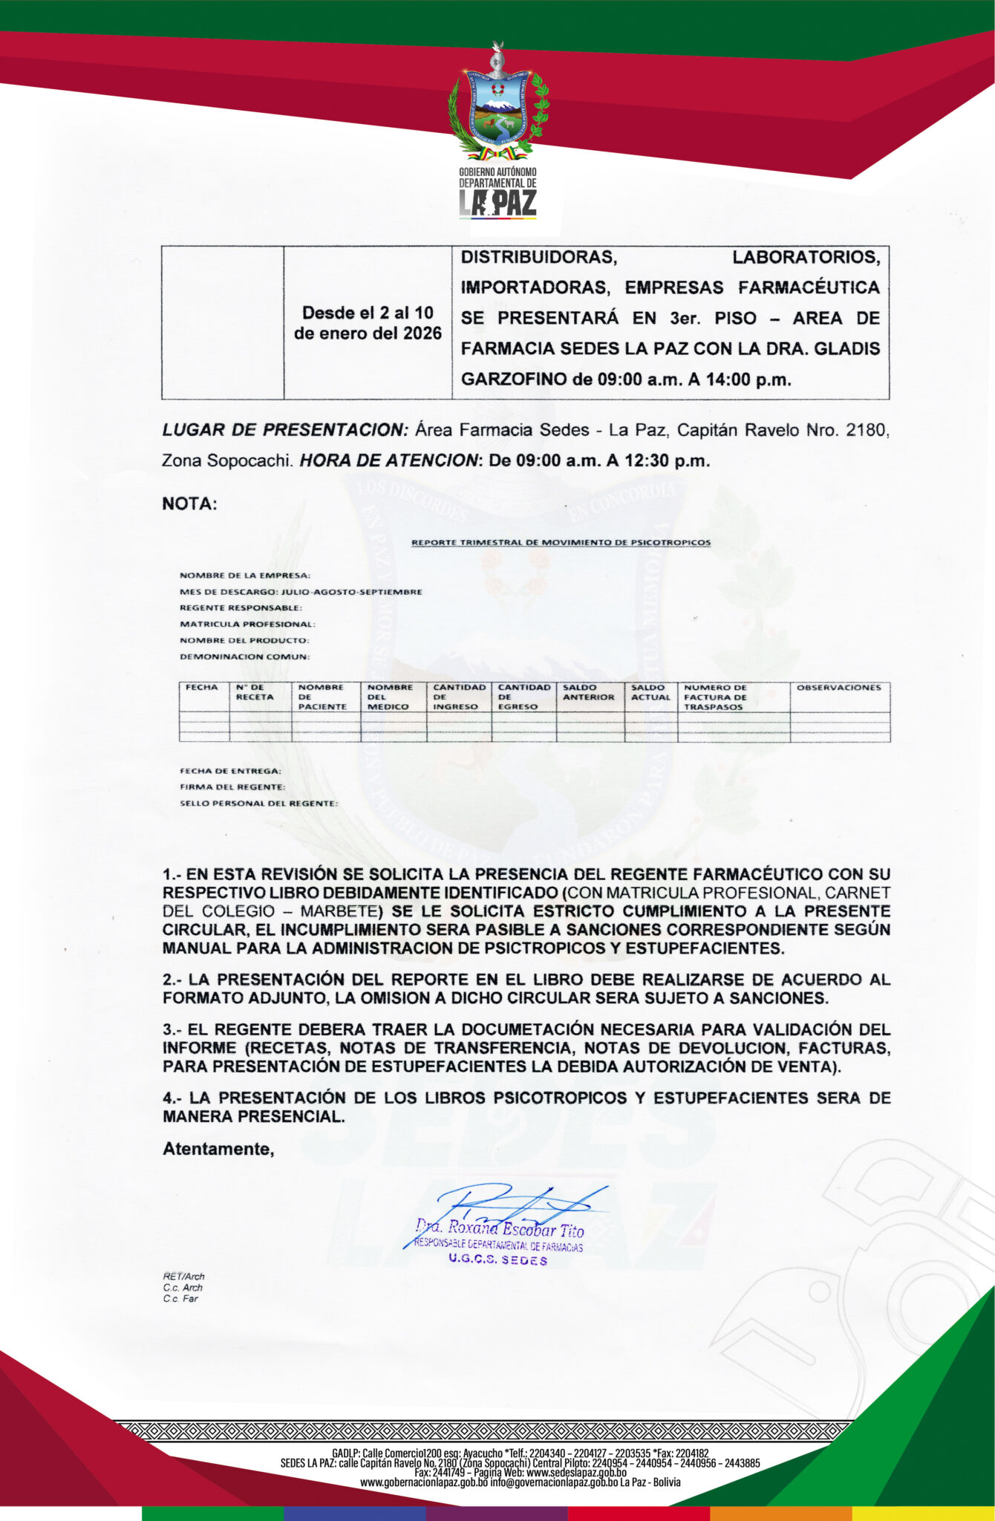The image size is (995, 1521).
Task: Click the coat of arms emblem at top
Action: [497, 104]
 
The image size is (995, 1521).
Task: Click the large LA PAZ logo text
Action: [497, 203]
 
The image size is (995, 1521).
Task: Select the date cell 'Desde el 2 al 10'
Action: [368, 313]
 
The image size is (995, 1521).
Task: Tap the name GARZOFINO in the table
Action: [513, 380]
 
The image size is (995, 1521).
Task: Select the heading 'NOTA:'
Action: [189, 504]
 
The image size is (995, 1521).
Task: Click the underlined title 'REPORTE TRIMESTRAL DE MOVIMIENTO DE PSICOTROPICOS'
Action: [561, 543]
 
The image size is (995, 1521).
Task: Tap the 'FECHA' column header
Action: [201, 688]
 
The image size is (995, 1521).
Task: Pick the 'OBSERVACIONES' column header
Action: [838, 688]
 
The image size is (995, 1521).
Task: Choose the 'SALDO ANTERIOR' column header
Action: [588, 692]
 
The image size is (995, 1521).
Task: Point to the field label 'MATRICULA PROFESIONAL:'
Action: [247, 625]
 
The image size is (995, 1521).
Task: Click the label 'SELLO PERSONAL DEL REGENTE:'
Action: [258, 804]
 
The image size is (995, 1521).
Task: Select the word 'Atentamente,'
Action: [218, 1149]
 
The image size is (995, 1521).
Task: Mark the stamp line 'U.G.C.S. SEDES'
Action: [497, 1260]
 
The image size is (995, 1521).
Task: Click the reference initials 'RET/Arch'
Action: [183, 1277]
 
